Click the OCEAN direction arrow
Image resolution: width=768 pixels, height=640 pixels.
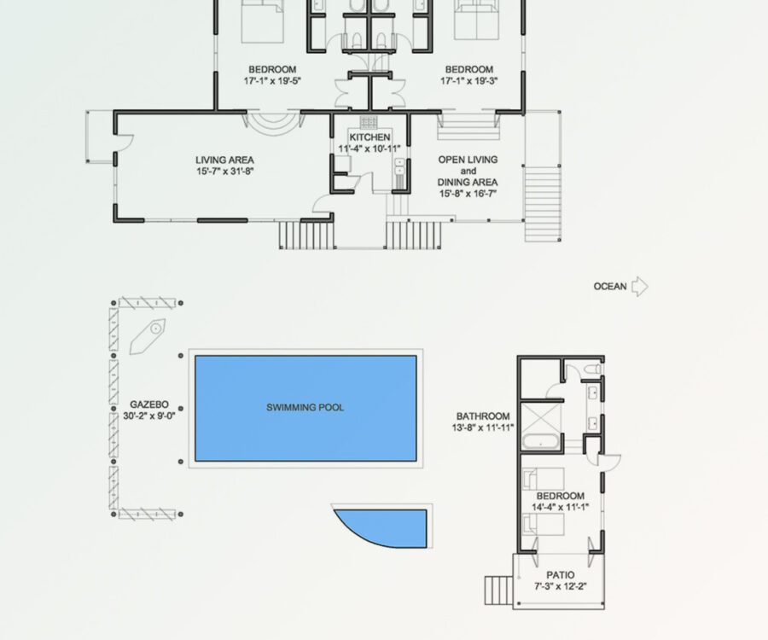[640, 287]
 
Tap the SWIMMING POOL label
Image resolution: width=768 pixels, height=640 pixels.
[305, 407]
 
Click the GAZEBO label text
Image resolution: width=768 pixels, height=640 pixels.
[148, 404]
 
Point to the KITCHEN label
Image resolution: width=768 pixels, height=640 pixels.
[369, 137]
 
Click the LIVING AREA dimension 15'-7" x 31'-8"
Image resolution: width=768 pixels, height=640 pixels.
[224, 172]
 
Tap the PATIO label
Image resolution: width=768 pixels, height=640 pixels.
[561, 575]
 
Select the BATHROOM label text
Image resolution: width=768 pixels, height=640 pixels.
[483, 416]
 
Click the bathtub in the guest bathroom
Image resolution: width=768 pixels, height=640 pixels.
[541, 442]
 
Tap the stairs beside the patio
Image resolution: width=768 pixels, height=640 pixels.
[498, 590]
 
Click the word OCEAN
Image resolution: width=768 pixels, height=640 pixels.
[610, 287]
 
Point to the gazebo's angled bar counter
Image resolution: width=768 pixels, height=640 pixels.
[148, 336]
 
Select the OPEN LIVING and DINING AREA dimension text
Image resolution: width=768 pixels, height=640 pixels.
[468, 194]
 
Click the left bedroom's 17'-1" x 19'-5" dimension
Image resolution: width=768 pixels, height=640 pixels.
[272, 81]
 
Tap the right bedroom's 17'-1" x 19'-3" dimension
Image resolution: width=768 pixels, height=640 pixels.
[468, 81]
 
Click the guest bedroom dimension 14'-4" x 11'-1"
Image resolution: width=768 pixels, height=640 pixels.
[561, 507]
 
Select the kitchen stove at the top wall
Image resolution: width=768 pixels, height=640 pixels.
[369, 122]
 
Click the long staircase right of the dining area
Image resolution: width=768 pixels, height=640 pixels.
[543, 204]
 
